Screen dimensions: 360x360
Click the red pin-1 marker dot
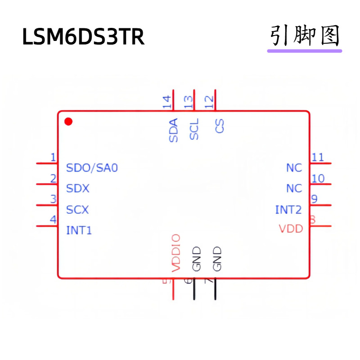pos(68,121)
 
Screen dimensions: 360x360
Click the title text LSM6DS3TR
pos(83,37)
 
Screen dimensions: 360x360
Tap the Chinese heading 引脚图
pos(305,36)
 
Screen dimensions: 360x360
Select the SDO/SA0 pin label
pos(92,168)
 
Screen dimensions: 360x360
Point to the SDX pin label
pos(77,189)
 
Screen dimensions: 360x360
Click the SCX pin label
pos(77,210)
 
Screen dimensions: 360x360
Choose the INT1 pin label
pos(79,231)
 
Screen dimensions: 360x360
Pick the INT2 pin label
pos(288,210)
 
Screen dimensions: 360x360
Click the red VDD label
pos(291,229)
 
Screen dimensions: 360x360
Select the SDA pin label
pos(173,130)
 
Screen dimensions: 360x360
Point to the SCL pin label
pos(194,129)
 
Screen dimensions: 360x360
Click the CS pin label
pos(220,126)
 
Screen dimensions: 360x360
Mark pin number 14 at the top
pos(167,102)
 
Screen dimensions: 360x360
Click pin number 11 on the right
pos(318,157)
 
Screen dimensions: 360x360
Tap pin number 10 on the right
pos(318,179)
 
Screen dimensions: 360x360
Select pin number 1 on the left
pos(53,157)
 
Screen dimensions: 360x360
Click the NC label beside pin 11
pos(294,168)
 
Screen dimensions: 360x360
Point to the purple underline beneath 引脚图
pos(305,50)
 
